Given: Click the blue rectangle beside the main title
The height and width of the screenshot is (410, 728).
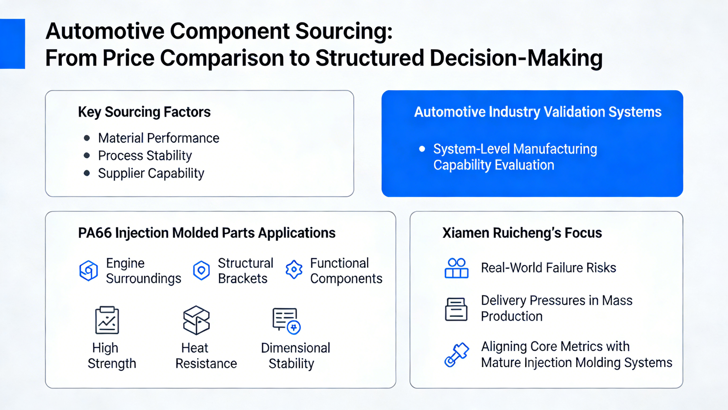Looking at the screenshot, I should (x=12, y=44).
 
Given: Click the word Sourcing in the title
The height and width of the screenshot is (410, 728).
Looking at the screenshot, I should (x=344, y=32).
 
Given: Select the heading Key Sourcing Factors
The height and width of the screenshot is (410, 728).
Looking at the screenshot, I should (x=144, y=112).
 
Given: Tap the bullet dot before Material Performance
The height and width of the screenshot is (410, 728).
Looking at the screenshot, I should (x=87, y=138).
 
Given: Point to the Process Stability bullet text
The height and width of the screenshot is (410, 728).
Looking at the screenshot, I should (x=145, y=156).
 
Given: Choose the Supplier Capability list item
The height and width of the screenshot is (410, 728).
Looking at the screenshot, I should (x=151, y=174).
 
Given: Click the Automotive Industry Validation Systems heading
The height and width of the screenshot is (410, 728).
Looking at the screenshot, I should (x=537, y=112).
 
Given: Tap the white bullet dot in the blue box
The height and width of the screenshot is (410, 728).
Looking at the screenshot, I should (x=422, y=149).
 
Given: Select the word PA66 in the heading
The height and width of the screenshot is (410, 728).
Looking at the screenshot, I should (x=95, y=233).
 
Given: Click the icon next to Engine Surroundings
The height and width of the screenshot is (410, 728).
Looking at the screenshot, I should (x=89, y=271).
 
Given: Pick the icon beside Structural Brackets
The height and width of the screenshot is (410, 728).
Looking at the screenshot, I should (x=201, y=270).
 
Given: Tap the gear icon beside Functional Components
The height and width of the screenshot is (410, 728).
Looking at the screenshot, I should (x=294, y=270).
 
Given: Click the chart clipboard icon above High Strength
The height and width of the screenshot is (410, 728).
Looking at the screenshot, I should (x=107, y=320).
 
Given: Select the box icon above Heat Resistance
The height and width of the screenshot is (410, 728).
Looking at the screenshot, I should (x=196, y=320).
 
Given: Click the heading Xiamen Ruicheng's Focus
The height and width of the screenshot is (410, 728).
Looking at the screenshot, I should (x=522, y=233).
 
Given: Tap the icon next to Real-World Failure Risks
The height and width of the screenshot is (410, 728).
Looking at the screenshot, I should (x=456, y=268).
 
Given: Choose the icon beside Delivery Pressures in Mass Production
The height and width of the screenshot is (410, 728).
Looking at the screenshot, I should (x=456, y=309).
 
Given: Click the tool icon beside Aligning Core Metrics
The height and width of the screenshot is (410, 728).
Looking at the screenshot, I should (x=456, y=355).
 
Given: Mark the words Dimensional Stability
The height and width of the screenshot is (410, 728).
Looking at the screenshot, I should (x=295, y=356).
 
